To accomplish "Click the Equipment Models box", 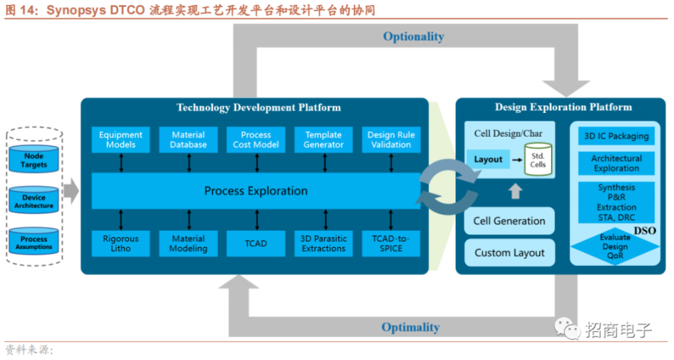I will click(x=121, y=140).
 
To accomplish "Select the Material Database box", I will click(x=188, y=140).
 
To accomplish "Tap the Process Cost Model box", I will click(x=256, y=140).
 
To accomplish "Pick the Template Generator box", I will click(x=324, y=140).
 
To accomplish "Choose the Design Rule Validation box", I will click(x=391, y=140).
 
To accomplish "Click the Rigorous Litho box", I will click(x=121, y=244).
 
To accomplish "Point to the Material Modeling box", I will click(x=188, y=244).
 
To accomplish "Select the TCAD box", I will click(x=256, y=244).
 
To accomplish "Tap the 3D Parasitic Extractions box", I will click(x=324, y=244).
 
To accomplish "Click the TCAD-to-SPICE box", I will click(x=391, y=244).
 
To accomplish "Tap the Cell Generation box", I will click(x=509, y=221).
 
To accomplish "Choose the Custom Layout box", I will click(x=509, y=253).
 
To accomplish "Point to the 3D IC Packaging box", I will click(x=616, y=135).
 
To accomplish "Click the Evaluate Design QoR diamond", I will click(x=615, y=247).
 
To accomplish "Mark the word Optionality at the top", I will click(x=414, y=36).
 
